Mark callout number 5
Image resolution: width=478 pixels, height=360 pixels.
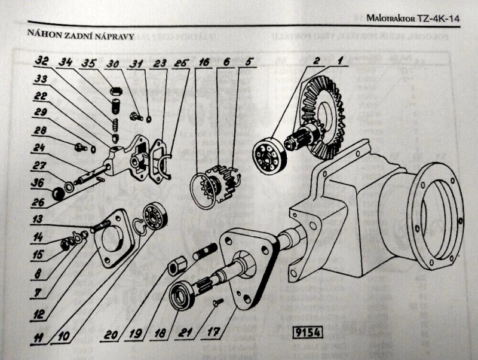point(248,62)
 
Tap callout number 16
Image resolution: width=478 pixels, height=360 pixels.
point(204,62)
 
